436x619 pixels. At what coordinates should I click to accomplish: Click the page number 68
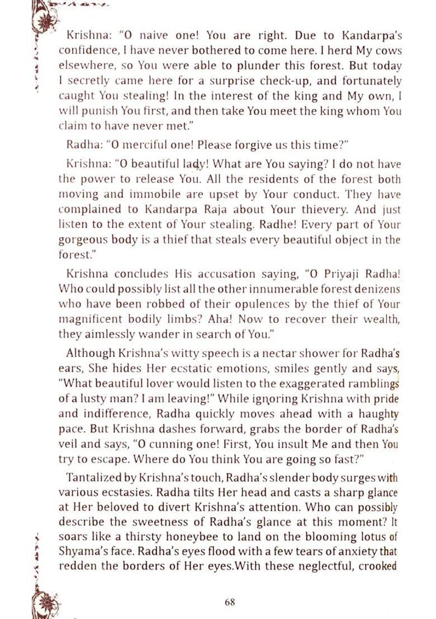pos(229,602)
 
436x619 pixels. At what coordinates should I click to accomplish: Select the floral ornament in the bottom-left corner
pos(44,602)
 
